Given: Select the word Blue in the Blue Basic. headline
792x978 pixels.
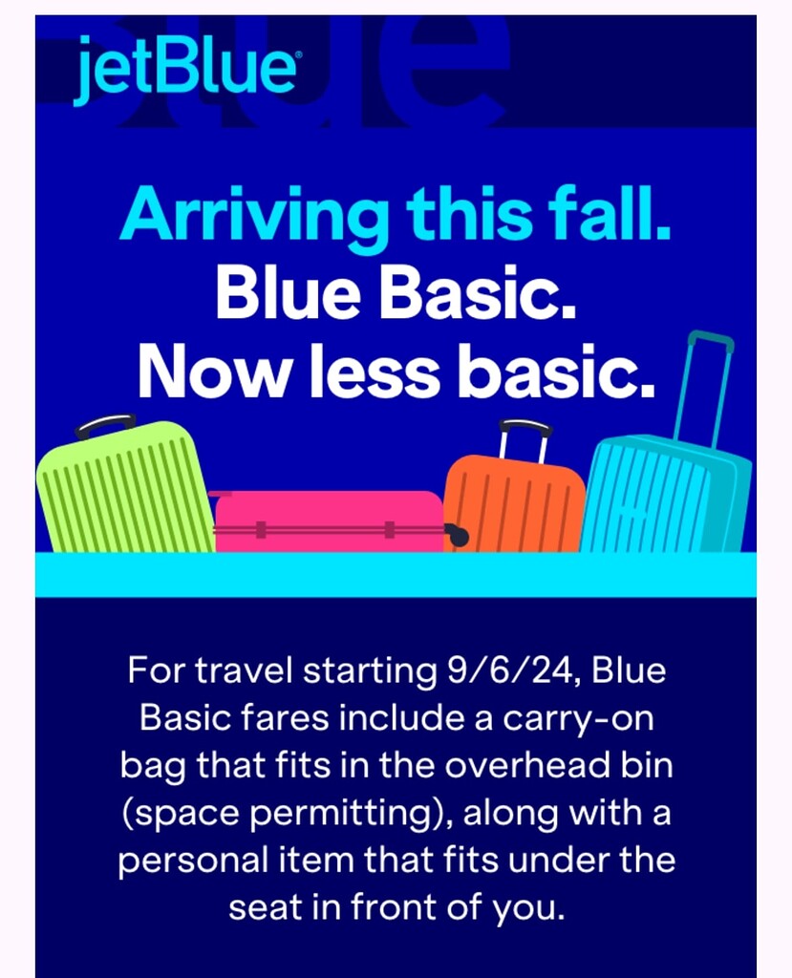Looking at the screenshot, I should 285,295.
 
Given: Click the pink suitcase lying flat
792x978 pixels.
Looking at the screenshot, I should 329,523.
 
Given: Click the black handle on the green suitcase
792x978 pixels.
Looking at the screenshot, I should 105,424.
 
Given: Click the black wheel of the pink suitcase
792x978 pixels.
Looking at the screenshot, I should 458,536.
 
